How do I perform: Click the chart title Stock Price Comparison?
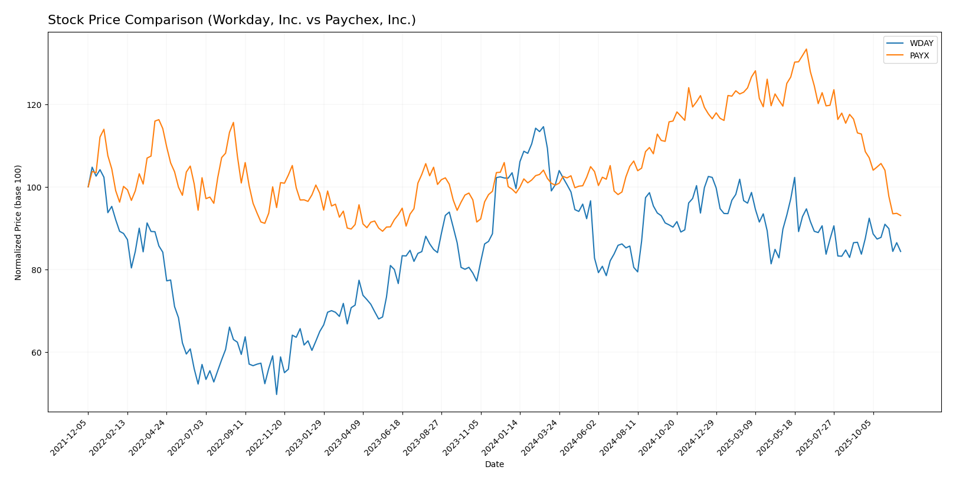click(x=231, y=20)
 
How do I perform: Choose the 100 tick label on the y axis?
click(x=37, y=188)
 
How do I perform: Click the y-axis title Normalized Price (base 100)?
click(x=18, y=222)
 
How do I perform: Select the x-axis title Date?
click(x=494, y=464)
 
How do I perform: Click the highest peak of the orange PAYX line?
click(x=806, y=49)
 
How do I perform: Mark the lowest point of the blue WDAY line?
click(x=276, y=394)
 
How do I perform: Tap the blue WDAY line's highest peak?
click(x=543, y=126)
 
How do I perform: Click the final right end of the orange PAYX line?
click(x=901, y=216)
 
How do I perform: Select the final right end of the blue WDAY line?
click(x=901, y=252)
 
